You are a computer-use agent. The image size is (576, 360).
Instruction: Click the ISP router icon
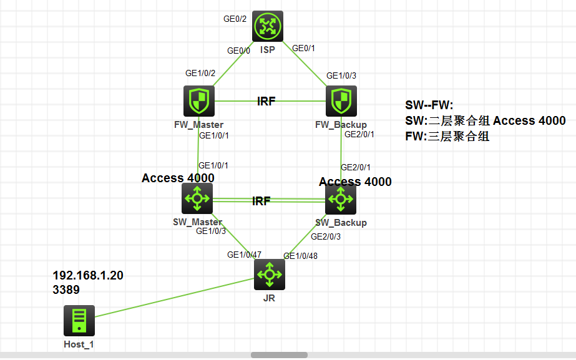pos(268,26)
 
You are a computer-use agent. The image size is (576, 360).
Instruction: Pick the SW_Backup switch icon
pos(341,200)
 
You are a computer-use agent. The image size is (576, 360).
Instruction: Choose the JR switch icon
pos(270,275)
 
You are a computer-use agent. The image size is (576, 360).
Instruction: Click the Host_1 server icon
pos(79,321)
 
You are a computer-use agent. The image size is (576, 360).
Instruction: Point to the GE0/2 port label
pos(235,19)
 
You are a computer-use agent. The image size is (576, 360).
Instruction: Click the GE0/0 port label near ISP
pos(238,51)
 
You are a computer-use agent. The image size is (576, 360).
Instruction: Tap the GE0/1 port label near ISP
pos(305,48)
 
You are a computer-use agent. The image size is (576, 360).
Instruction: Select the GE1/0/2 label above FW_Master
pos(200,73)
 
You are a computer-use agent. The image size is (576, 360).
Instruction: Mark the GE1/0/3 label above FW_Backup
pos(341,75)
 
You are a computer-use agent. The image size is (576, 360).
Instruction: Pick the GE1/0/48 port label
pos(300,256)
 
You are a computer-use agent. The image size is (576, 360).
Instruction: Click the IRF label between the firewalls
pos(266,101)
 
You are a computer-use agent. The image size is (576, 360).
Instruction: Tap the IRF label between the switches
pos(261,201)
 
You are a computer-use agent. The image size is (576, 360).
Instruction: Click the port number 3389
pos(66,289)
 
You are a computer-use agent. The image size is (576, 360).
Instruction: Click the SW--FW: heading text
pos(429,105)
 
